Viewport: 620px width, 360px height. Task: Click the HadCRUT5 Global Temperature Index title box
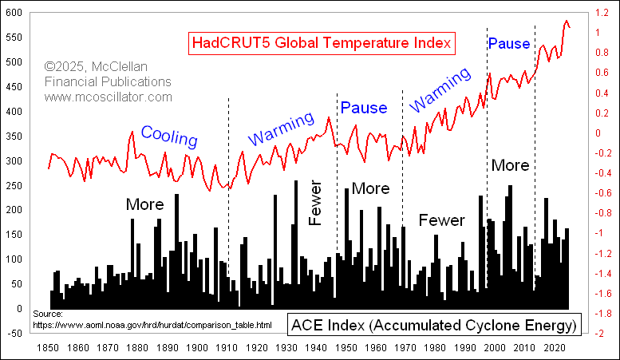pos(322,42)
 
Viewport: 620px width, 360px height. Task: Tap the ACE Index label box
pos(433,326)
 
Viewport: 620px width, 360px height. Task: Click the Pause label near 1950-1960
pos(364,108)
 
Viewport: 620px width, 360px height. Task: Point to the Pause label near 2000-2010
pos(509,43)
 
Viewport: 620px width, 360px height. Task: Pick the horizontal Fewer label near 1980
pos(441,220)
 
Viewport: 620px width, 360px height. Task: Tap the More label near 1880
pos(144,204)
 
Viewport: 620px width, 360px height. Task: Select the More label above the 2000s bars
pos(510,165)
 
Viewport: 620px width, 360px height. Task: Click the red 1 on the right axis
pos(594,33)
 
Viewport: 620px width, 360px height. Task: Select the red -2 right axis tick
pos(597,334)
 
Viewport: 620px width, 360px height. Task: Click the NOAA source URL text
pos(152,325)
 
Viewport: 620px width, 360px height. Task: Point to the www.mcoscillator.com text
pos(109,97)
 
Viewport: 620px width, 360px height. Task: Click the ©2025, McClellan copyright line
pos(108,67)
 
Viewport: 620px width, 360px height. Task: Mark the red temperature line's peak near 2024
pos(567,21)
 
